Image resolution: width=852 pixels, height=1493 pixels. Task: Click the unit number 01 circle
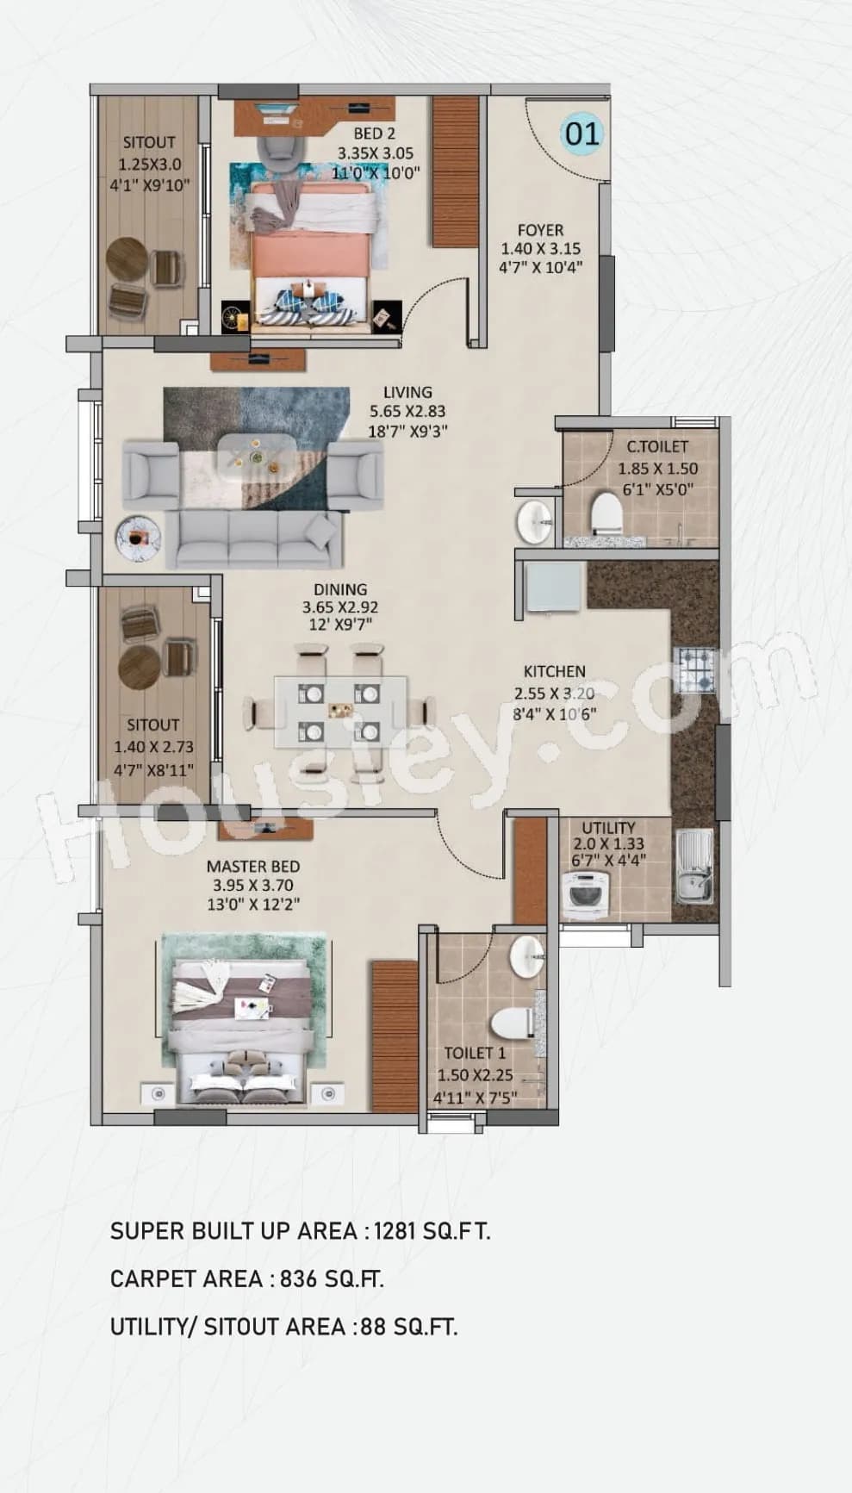tap(582, 134)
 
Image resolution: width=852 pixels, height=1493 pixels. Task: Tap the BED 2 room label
tap(375, 134)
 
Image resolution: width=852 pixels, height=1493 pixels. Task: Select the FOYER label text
tap(540, 230)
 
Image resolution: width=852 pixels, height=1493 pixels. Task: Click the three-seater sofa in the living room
tap(254, 539)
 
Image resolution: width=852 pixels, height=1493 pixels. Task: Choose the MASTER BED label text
tap(253, 867)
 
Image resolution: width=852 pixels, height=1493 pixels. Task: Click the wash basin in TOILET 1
tap(526, 954)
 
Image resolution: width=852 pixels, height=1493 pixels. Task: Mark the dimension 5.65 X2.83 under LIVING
tap(408, 412)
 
